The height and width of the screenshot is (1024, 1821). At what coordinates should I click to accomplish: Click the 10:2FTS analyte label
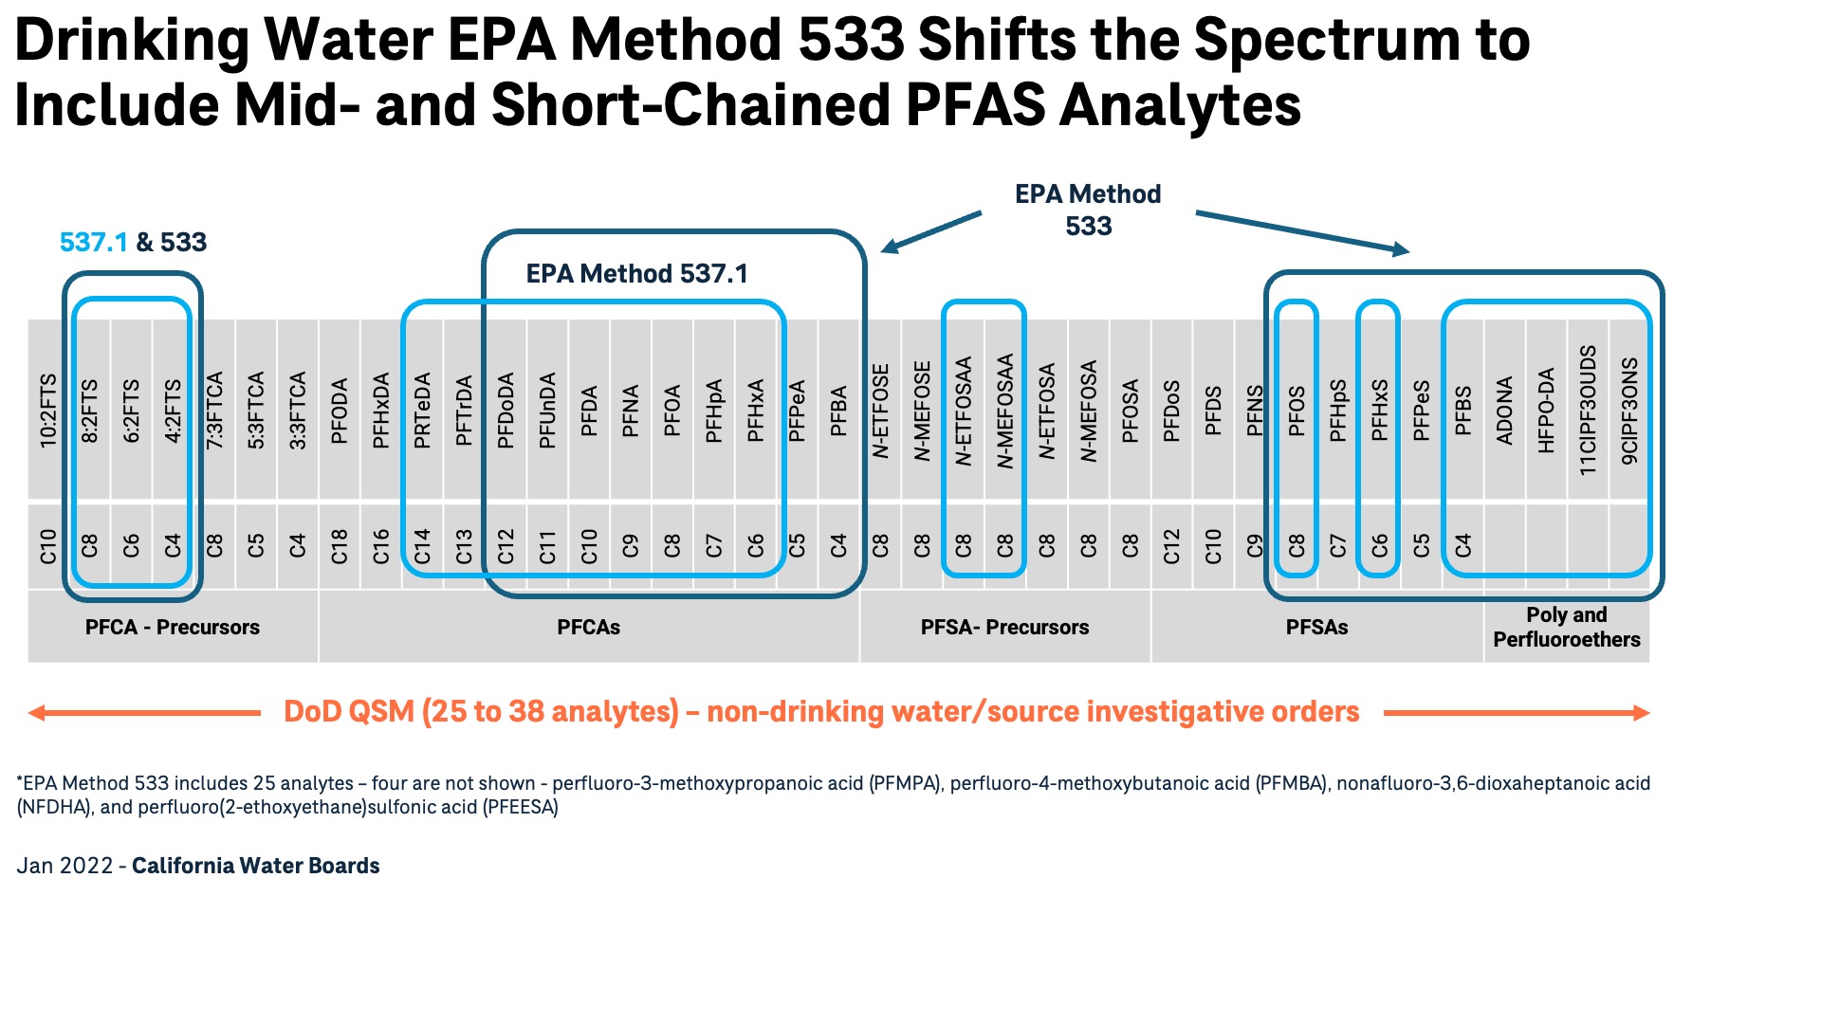tap(48, 410)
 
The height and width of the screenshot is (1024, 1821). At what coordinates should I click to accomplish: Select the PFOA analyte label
tap(672, 410)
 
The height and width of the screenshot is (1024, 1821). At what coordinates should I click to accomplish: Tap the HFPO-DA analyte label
tap(1546, 410)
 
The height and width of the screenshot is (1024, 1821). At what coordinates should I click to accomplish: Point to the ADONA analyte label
tap(1504, 410)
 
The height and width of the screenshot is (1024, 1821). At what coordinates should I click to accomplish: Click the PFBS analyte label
tap(1462, 410)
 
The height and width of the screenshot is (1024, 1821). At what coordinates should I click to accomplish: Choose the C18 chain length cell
tap(340, 546)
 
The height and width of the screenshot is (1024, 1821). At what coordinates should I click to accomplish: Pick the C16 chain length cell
tap(381, 546)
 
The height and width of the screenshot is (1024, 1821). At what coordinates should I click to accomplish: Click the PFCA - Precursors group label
tap(172, 627)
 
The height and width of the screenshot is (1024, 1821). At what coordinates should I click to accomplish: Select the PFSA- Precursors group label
tap(1004, 627)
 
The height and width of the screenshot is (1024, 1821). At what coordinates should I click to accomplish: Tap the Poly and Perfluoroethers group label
tap(1566, 627)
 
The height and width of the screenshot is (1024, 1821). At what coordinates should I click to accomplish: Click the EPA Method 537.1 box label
tap(636, 274)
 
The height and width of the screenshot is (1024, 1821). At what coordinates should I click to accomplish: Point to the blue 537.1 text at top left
tap(93, 243)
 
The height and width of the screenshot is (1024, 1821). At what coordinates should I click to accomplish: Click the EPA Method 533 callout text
tap(1088, 210)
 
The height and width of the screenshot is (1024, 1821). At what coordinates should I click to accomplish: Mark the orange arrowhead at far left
tap(37, 713)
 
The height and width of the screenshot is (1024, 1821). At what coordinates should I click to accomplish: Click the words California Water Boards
tap(255, 866)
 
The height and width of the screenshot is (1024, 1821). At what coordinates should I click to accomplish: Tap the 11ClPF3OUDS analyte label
tap(1588, 410)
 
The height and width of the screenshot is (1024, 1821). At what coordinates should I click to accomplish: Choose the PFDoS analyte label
tap(1171, 410)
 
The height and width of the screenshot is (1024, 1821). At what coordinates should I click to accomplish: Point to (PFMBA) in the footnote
tap(1292, 783)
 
